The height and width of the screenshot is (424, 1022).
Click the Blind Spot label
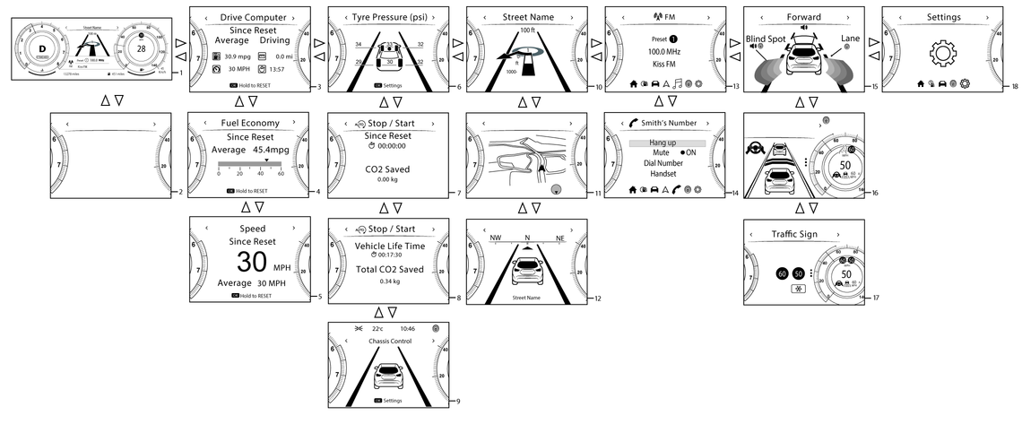766,39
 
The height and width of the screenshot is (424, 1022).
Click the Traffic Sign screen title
797,234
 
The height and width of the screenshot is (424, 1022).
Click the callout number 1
181,73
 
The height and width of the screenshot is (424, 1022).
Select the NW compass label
496,238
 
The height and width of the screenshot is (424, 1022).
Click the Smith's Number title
672,123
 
